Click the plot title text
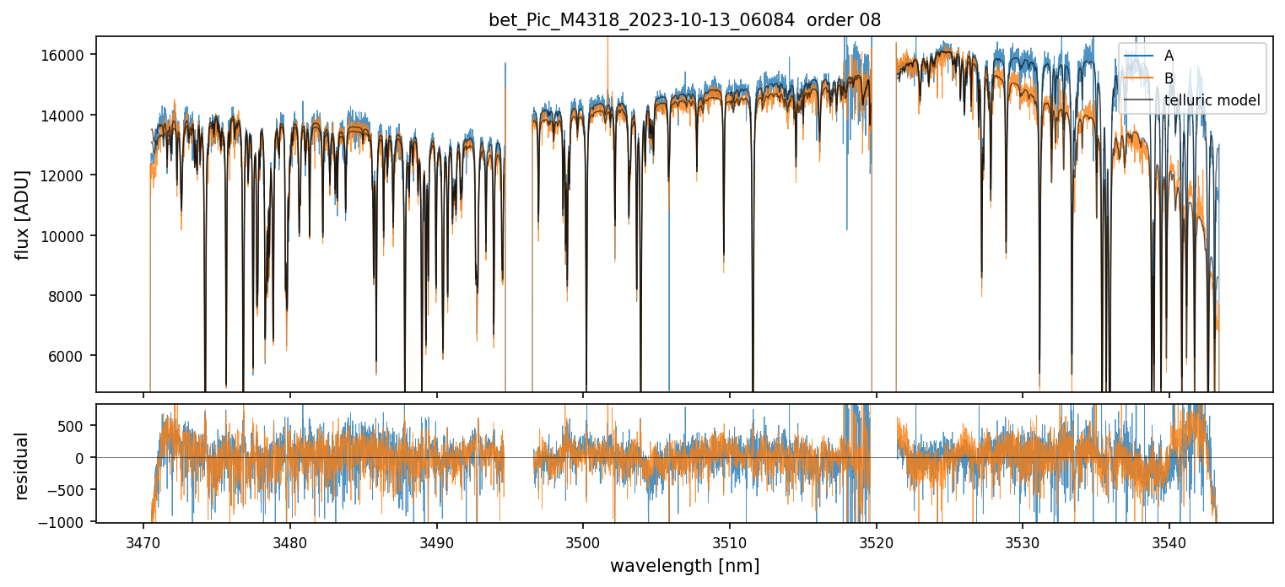click(x=684, y=20)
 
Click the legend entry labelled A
click(x=1169, y=56)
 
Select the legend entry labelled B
click(x=1169, y=78)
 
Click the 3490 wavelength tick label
click(x=436, y=540)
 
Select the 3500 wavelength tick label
click(x=583, y=540)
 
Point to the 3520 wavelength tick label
click(x=876, y=540)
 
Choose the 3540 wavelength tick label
click(x=1169, y=540)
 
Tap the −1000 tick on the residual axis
click(x=66, y=522)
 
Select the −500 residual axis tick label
click(x=69, y=490)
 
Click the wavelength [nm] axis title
click(x=684, y=565)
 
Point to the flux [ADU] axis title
click(x=22, y=214)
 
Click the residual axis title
click(x=22, y=466)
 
